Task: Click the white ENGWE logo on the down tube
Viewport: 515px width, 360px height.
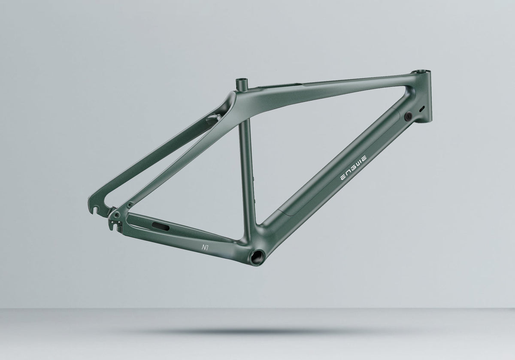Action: (354, 168)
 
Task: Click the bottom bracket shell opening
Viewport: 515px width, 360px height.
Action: (257, 257)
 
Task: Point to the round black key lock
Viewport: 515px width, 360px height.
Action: (408, 117)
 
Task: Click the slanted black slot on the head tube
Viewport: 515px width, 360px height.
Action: (422, 109)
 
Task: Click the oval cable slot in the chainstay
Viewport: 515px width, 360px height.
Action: (161, 227)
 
